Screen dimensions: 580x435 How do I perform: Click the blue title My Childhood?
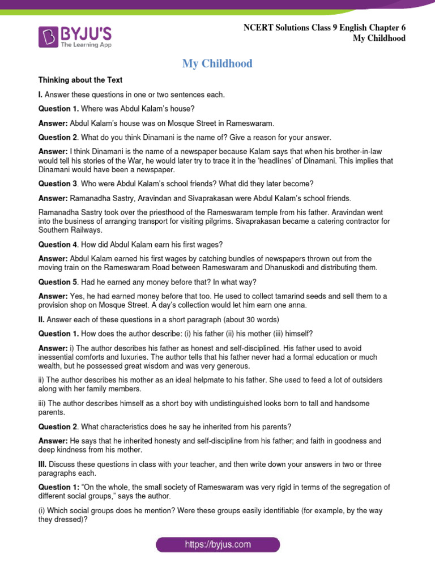217,63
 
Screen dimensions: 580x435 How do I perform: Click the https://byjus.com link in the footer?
217,545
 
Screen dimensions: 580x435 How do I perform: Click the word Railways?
86,231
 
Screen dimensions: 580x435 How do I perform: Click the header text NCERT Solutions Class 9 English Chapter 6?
325,27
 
